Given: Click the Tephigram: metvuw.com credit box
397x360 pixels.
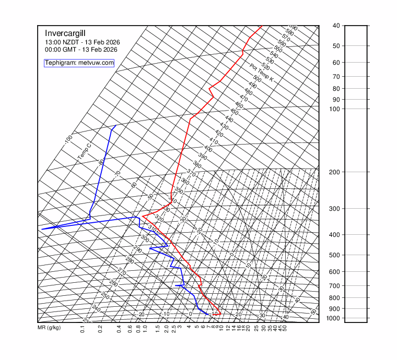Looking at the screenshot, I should point(79,63).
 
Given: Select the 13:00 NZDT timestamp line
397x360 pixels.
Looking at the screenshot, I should point(81,42).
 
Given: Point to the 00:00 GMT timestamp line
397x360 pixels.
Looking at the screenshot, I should point(81,50).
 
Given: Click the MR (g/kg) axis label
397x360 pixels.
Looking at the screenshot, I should point(49,328).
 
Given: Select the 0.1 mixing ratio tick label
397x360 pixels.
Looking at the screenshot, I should point(83,330).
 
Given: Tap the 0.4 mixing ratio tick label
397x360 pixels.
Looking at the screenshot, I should point(119,330).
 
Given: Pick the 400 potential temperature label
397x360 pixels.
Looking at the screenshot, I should point(208,149).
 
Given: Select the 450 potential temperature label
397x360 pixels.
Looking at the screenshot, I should point(234,112).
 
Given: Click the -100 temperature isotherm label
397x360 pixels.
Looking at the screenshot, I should point(68,140).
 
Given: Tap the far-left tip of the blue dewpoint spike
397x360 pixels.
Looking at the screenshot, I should point(42,229).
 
